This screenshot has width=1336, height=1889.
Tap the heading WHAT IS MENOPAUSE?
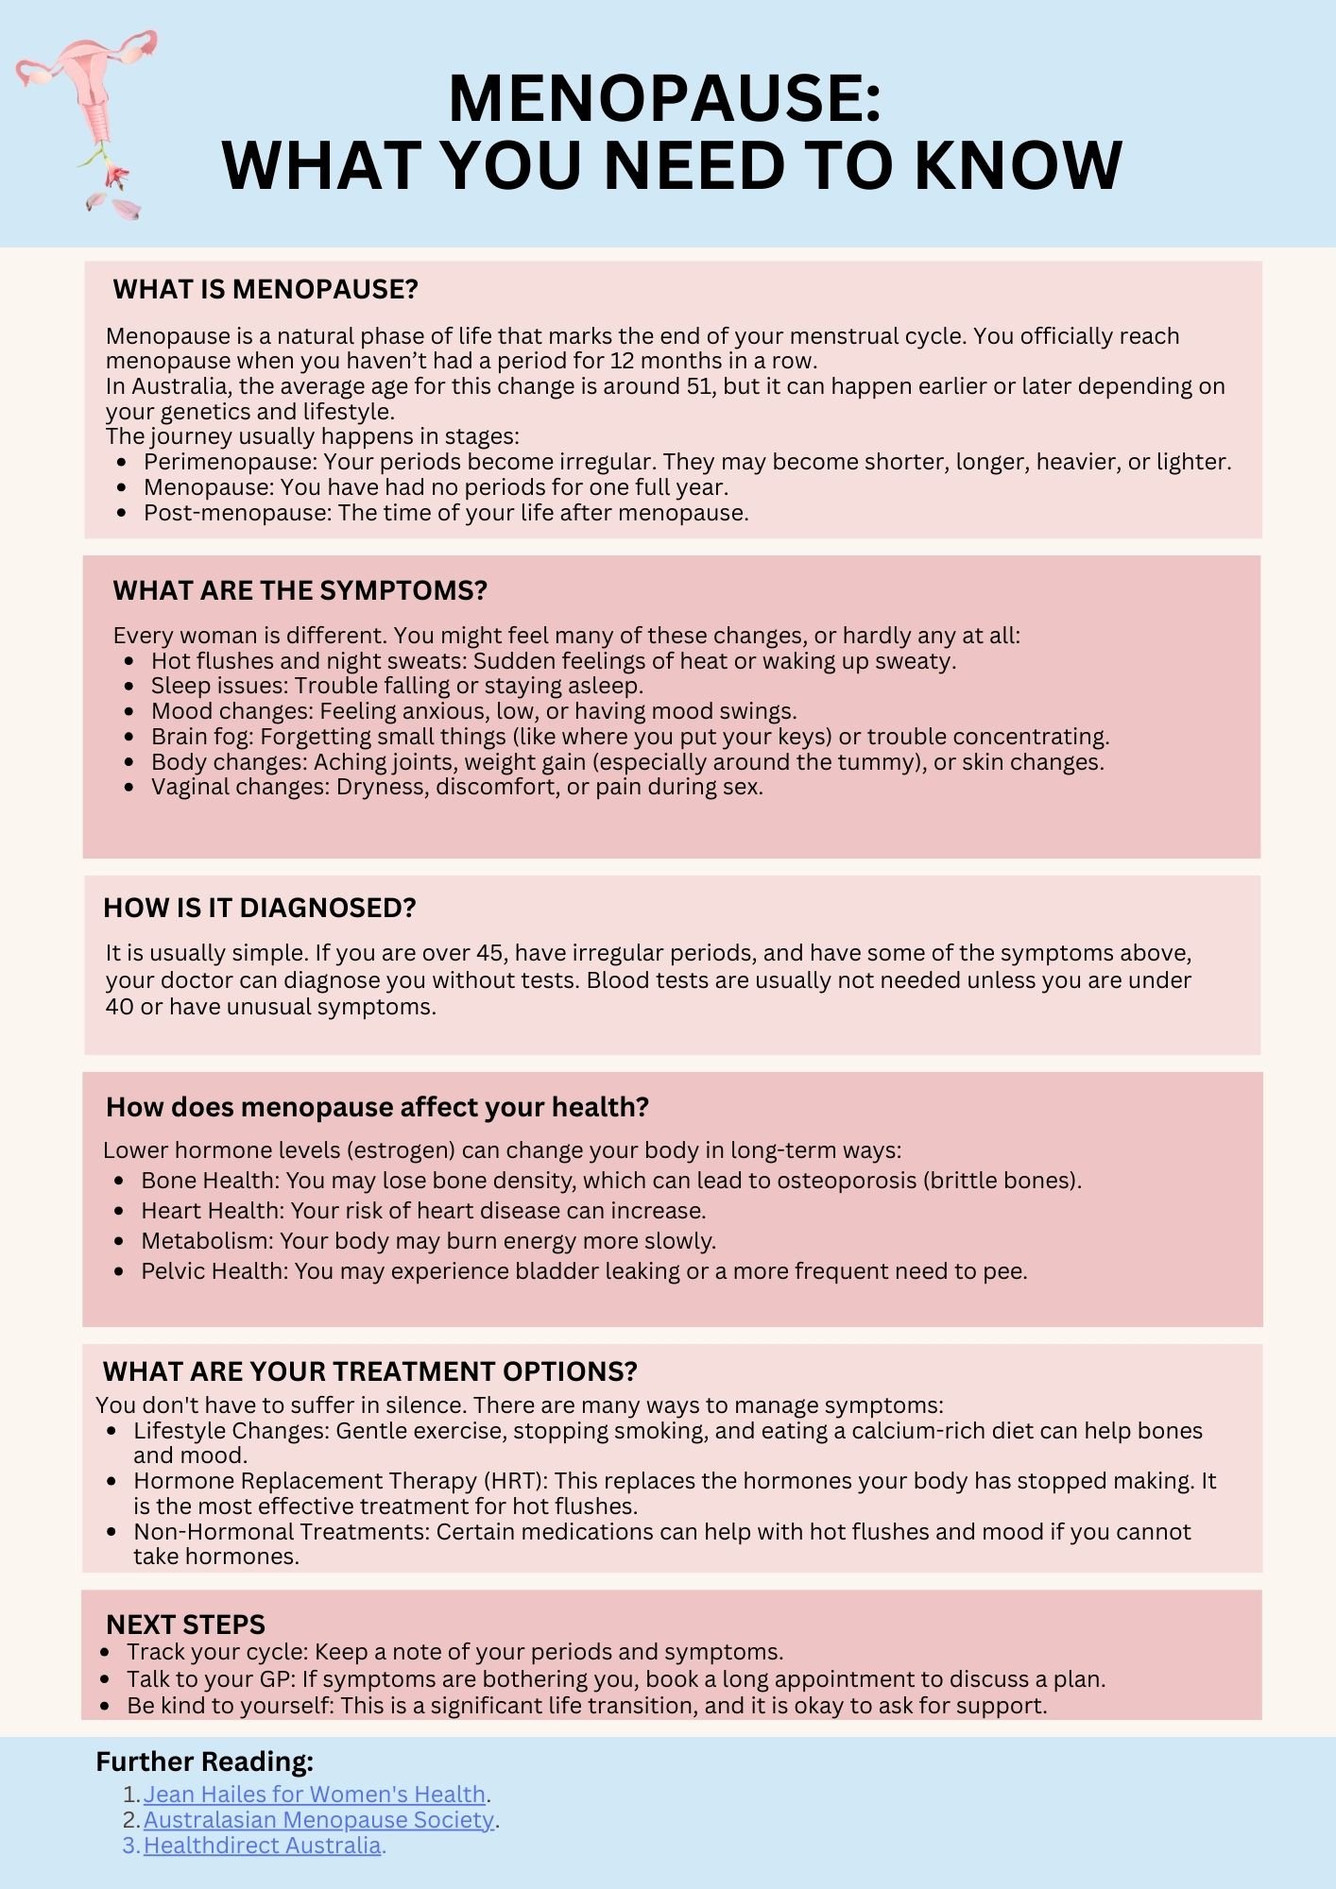pos(265,289)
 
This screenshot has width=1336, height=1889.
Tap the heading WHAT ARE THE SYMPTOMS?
pos(300,590)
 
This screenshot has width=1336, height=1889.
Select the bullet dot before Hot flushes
pos(129,661)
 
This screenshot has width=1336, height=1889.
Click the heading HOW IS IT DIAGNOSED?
pos(259,908)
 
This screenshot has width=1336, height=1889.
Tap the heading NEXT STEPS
pos(185,1625)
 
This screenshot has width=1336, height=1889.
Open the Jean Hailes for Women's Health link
pos(314,1795)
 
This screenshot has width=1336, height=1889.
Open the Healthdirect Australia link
pos(262,1846)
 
